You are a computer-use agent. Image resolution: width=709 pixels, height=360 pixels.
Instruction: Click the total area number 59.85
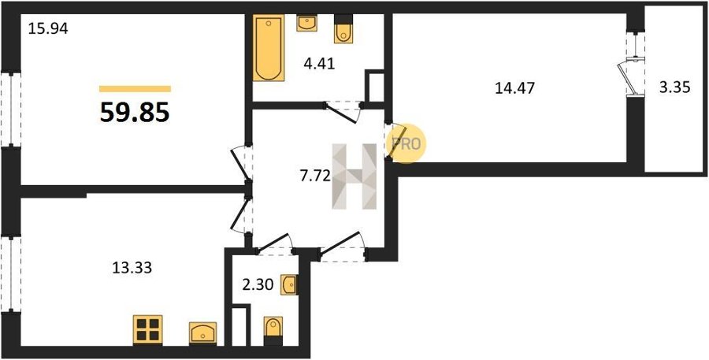(x=135, y=112)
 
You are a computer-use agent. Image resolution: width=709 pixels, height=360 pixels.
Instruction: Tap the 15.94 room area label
(x=48, y=29)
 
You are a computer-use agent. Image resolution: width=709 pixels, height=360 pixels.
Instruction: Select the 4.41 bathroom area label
(x=319, y=64)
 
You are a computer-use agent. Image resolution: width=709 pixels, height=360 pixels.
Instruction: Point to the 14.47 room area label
(x=514, y=87)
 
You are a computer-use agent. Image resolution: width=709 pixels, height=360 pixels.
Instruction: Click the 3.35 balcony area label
(x=675, y=87)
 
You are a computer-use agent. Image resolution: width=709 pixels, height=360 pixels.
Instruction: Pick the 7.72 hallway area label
(x=315, y=176)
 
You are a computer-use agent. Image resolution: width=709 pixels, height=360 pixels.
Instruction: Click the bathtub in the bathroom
(x=269, y=48)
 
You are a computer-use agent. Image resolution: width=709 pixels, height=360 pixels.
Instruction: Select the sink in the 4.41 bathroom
(x=306, y=23)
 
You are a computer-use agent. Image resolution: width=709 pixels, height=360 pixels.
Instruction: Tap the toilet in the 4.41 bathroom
(x=343, y=29)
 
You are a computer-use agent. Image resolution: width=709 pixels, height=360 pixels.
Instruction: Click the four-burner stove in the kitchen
(x=148, y=330)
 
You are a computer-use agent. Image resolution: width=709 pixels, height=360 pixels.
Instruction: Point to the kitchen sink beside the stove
(x=203, y=333)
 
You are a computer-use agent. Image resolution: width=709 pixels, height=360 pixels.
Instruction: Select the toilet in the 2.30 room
(x=273, y=331)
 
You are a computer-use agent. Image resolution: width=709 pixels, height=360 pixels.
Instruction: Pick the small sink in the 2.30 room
(x=288, y=285)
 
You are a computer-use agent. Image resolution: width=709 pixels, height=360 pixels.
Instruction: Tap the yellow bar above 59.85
(x=135, y=89)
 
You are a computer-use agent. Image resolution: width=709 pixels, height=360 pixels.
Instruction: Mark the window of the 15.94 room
(x=11, y=109)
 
